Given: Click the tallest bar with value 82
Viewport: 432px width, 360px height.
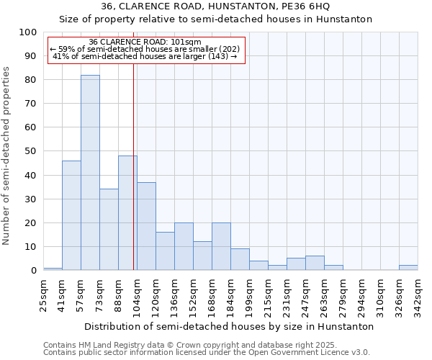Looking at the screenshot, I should [90, 173].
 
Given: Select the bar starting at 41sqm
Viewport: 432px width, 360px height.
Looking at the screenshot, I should [71, 215].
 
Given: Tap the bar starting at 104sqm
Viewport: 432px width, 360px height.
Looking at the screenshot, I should [146, 226].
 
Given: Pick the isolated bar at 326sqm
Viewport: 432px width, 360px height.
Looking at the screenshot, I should [408, 267].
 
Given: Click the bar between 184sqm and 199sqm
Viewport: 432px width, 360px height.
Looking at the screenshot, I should [240, 259].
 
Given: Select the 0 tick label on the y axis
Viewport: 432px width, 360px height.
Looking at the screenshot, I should [33, 271].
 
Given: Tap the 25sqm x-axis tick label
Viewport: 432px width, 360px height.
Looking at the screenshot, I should [43, 295].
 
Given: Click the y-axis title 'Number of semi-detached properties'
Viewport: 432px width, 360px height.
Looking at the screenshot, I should [7, 156].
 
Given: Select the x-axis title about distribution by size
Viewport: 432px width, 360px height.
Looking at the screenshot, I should [229, 326].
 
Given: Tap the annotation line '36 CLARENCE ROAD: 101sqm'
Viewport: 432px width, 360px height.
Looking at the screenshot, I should [147, 42].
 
